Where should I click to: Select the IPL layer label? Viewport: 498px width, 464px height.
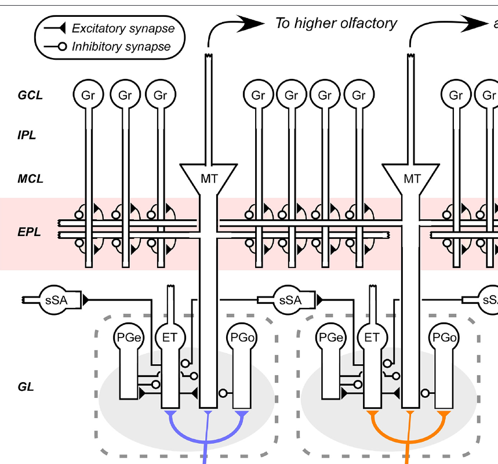click(27, 136)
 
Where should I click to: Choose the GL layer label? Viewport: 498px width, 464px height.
click(25, 386)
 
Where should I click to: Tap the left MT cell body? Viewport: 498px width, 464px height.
click(209, 179)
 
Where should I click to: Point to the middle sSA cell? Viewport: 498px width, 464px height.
click(290, 300)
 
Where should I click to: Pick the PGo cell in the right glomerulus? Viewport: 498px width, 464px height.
click(442, 337)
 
